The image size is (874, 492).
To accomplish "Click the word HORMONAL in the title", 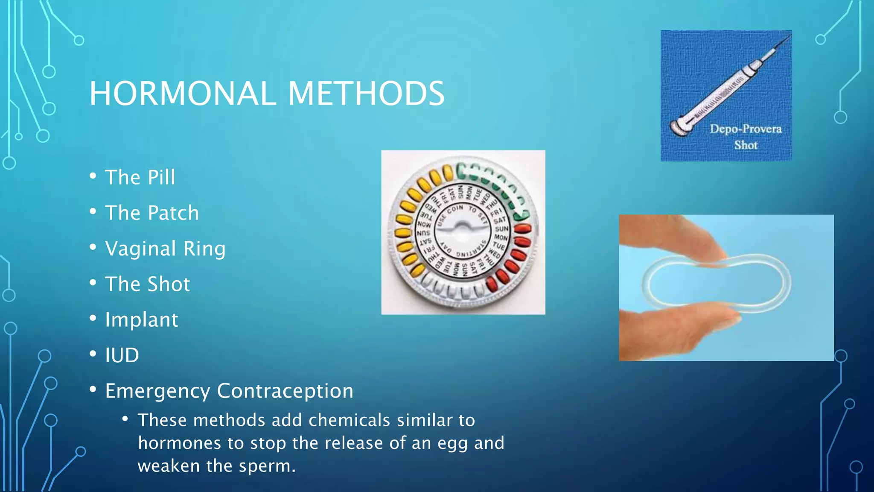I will click(x=183, y=94).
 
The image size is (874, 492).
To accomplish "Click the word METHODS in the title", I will click(x=366, y=94).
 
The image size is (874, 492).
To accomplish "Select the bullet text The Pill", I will click(x=140, y=177).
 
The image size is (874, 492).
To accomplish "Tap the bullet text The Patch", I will click(x=152, y=213).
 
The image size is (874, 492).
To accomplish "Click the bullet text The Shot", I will click(x=148, y=284).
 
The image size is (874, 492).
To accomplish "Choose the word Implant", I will click(x=142, y=319).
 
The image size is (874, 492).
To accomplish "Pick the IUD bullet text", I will click(x=122, y=355).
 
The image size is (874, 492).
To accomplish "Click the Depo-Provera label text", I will click(x=746, y=129).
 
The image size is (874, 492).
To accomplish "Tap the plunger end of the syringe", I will click(x=679, y=128).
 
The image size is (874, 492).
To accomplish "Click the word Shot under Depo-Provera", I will click(x=746, y=145).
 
